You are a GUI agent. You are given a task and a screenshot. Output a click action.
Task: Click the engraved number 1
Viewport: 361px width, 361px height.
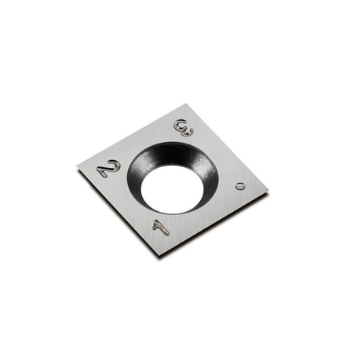[x=160, y=226]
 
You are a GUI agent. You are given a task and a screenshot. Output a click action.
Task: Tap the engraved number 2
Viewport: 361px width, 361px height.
[x=108, y=168]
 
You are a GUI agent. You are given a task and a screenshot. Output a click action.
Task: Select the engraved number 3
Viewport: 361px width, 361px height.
[x=184, y=128]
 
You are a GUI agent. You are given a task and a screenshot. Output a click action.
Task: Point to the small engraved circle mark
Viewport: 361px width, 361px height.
[x=240, y=186]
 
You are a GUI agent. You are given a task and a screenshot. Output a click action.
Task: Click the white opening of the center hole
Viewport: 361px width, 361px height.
[x=170, y=188]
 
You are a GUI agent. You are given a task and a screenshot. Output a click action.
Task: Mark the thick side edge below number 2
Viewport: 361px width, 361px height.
[x=118, y=212]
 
